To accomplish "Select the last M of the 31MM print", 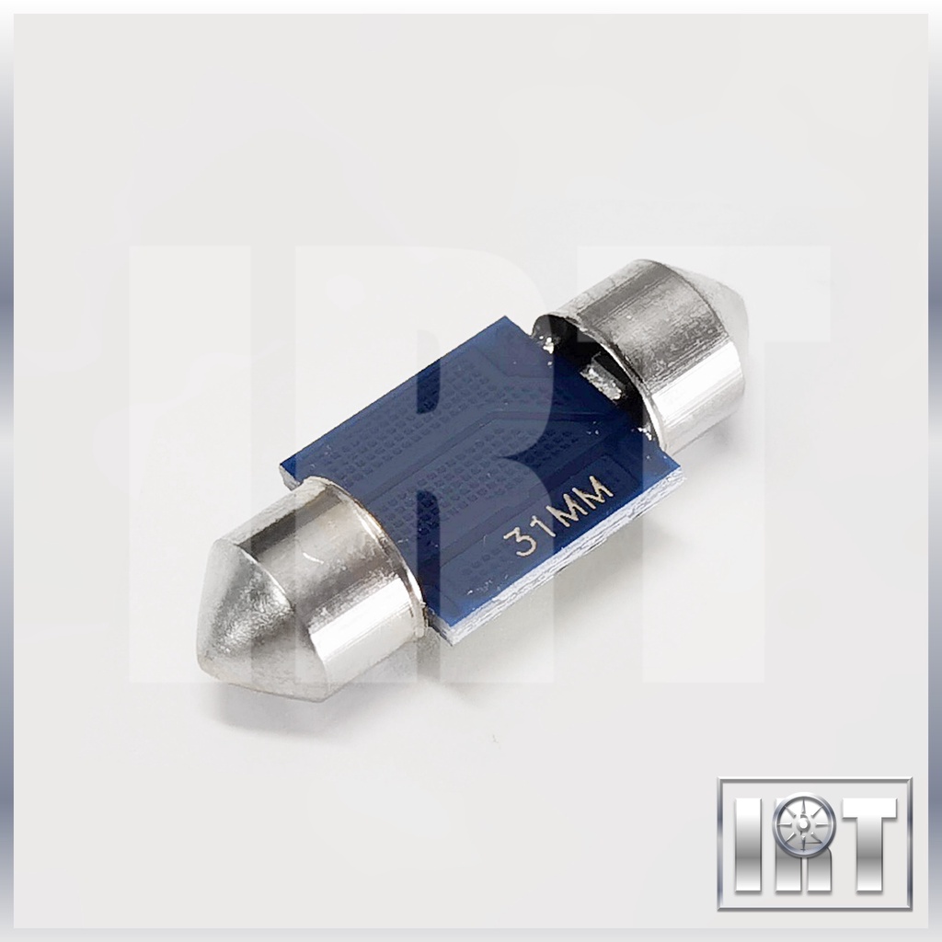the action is point(599,493).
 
